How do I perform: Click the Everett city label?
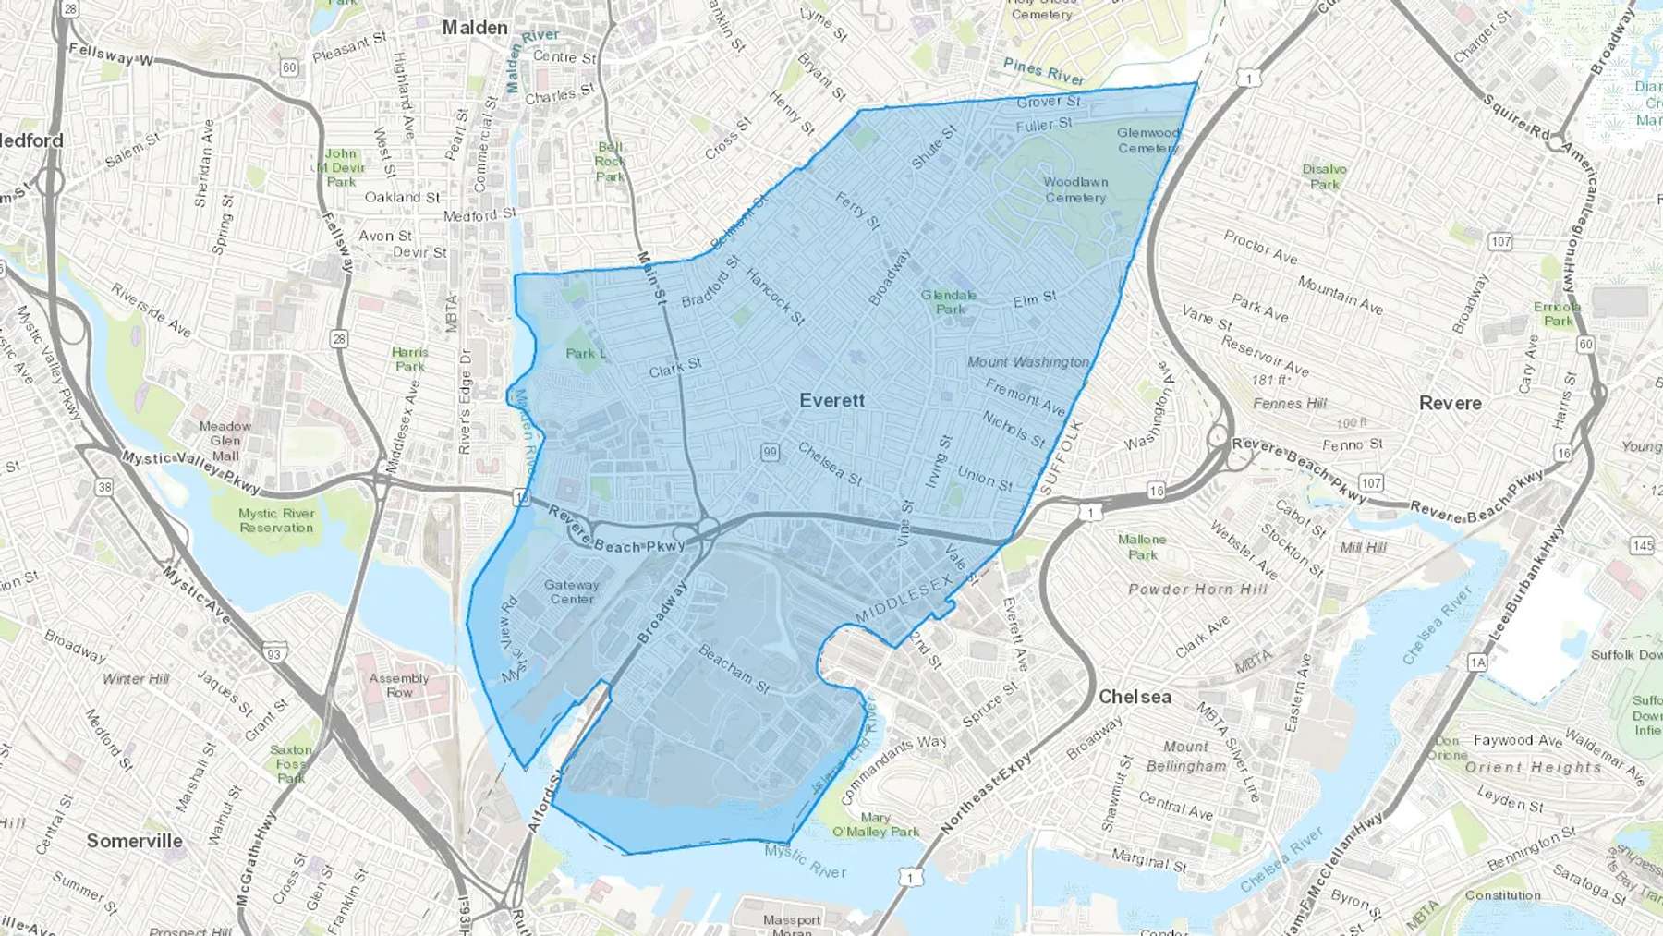[831, 400]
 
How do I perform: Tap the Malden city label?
[475, 28]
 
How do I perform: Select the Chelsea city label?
[1135, 697]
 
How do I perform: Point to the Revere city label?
[1450, 403]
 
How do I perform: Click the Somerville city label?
[135, 841]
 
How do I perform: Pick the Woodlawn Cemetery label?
[1075, 189]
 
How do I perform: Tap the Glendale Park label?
[949, 302]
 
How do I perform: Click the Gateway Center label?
[572, 591]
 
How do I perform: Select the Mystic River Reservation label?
[276, 520]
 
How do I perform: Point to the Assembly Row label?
[399, 685]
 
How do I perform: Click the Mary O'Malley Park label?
[876, 824]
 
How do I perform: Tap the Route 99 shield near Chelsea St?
[771, 452]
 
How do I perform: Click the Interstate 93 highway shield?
[273, 653]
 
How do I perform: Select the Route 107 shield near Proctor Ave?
[1500, 241]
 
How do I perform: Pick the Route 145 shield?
[1642, 546]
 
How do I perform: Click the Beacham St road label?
[734, 669]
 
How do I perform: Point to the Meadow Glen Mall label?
[225, 441]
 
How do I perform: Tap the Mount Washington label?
[1028, 362]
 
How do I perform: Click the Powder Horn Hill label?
[1197, 590]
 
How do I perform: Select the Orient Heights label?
[1533, 767]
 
